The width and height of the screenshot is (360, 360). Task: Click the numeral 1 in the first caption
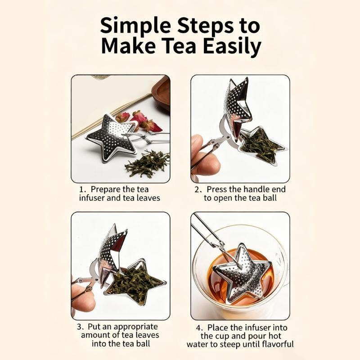coord(81,189)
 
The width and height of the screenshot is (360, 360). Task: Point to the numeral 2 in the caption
coord(197,189)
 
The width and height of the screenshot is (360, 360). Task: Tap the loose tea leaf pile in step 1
coord(146,164)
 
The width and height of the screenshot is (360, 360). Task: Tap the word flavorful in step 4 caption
coord(276,344)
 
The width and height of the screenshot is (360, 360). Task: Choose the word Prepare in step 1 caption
coord(104,189)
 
